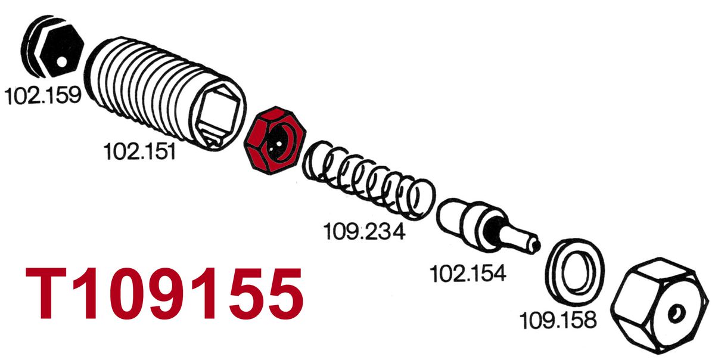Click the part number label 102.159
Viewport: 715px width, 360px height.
click(43, 95)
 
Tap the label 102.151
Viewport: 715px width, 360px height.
click(140, 152)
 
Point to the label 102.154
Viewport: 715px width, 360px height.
click(468, 274)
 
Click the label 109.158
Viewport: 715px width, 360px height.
click(558, 321)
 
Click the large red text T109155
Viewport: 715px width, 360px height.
click(164, 293)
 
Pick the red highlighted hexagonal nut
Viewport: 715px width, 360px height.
click(275, 140)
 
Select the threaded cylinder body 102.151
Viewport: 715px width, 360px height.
click(166, 92)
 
